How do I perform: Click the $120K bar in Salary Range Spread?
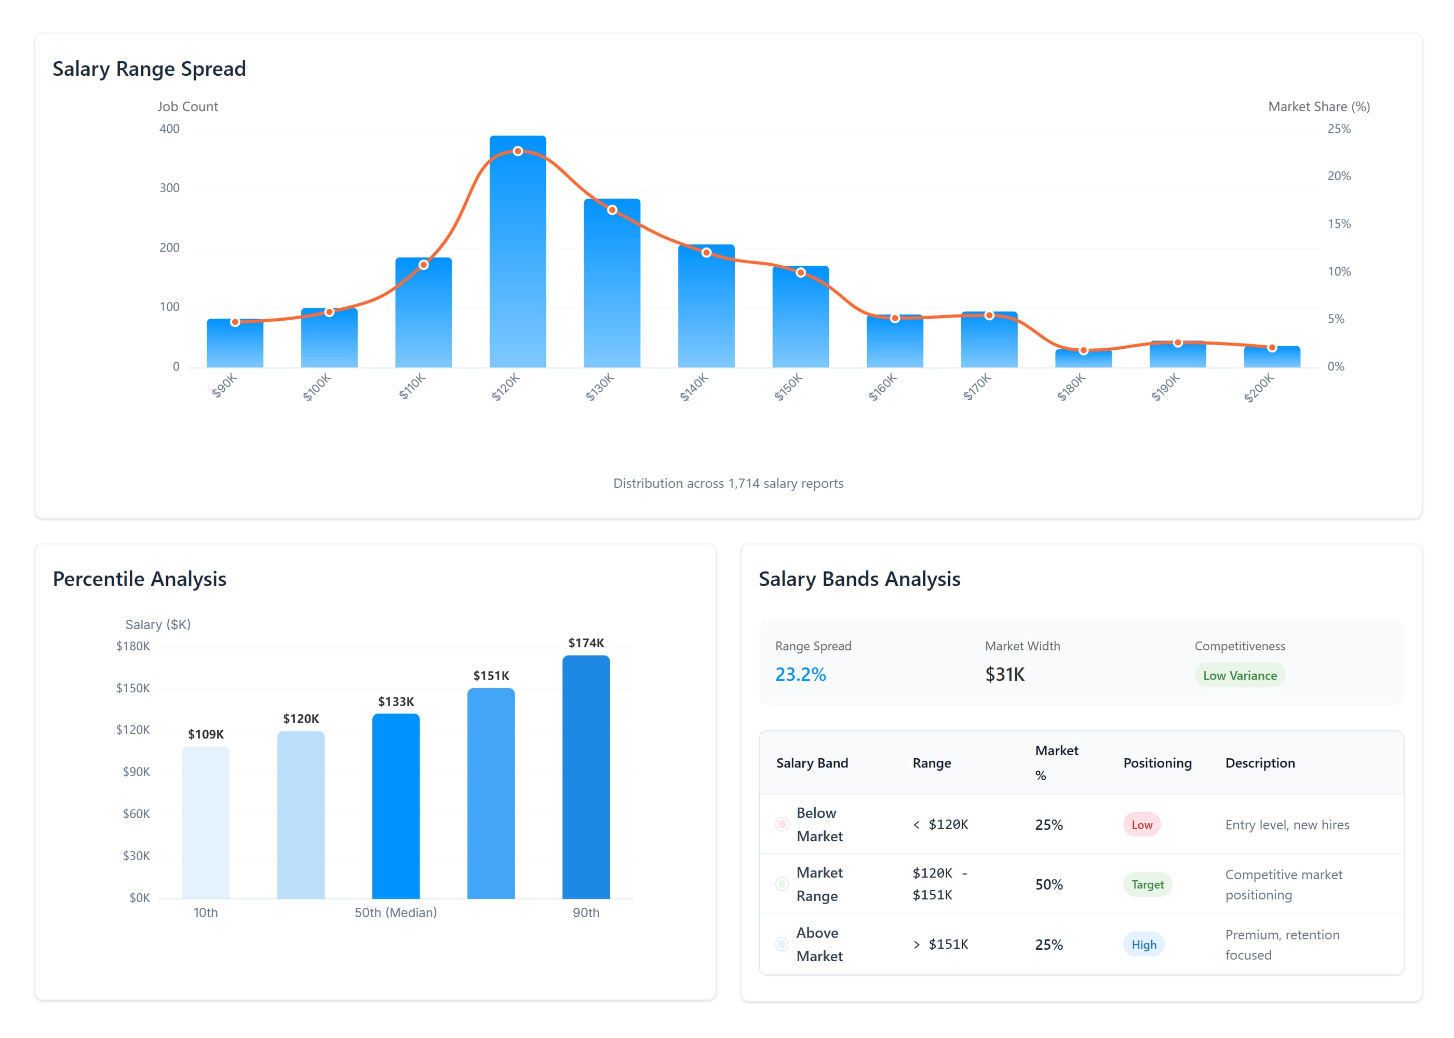click(x=517, y=256)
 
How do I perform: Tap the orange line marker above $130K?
click(x=612, y=210)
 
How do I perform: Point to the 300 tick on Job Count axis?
click(x=169, y=188)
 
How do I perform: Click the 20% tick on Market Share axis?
click(x=1339, y=176)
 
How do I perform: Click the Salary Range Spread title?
click(x=149, y=69)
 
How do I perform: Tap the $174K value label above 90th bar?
click(x=586, y=643)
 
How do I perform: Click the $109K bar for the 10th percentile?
click(x=205, y=823)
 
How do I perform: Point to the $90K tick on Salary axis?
click(x=136, y=771)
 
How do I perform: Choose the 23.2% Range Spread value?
click(x=801, y=674)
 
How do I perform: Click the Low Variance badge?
click(x=1239, y=676)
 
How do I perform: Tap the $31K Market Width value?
click(x=1004, y=674)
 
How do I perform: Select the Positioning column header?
click(x=1157, y=762)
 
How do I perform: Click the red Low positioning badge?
click(x=1141, y=825)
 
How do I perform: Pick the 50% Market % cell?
click(x=1048, y=884)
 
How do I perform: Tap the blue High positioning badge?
click(x=1143, y=945)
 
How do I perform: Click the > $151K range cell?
click(x=940, y=945)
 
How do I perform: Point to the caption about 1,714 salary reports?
click(x=728, y=483)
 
